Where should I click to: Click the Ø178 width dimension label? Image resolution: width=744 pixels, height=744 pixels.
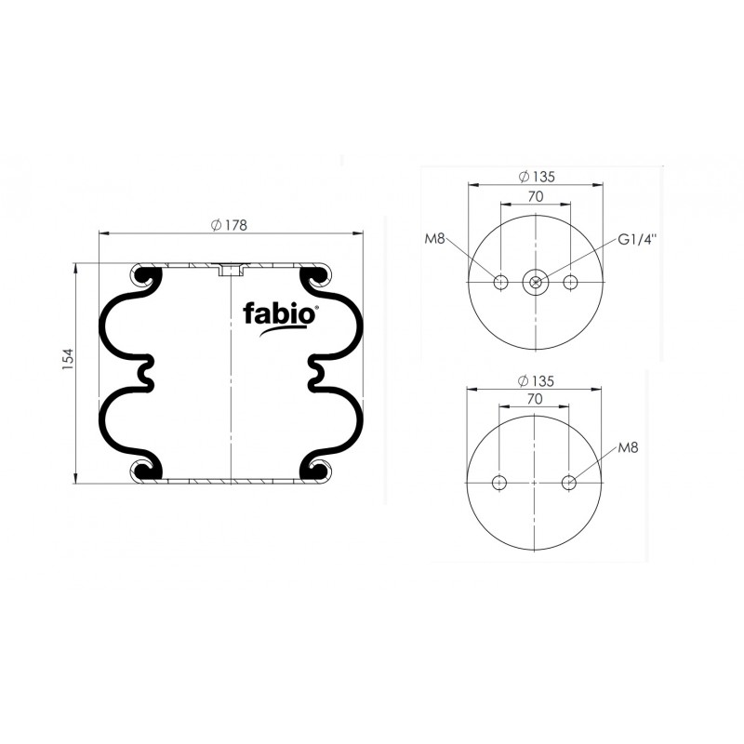tap(228, 224)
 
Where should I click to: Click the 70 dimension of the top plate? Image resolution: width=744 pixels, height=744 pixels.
tap(536, 196)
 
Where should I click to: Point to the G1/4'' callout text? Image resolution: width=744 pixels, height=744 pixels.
tap(637, 239)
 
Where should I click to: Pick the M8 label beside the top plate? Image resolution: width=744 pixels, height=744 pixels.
tap(435, 239)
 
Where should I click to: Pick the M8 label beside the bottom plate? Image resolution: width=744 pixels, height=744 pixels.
tap(628, 448)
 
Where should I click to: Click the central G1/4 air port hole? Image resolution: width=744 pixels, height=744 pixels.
tap(536, 282)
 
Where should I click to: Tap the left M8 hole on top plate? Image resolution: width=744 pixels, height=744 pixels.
tap(500, 282)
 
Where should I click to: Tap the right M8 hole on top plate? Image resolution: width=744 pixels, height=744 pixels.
tap(571, 282)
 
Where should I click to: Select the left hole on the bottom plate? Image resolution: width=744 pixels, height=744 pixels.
tap(500, 482)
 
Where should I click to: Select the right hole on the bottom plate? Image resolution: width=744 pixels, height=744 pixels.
tap(571, 482)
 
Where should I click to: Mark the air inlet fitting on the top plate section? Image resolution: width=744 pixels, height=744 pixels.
tap(229, 271)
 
